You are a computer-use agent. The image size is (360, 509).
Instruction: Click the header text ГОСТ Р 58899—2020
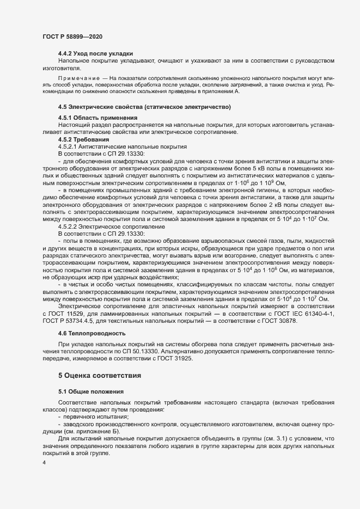tap(72, 36)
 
